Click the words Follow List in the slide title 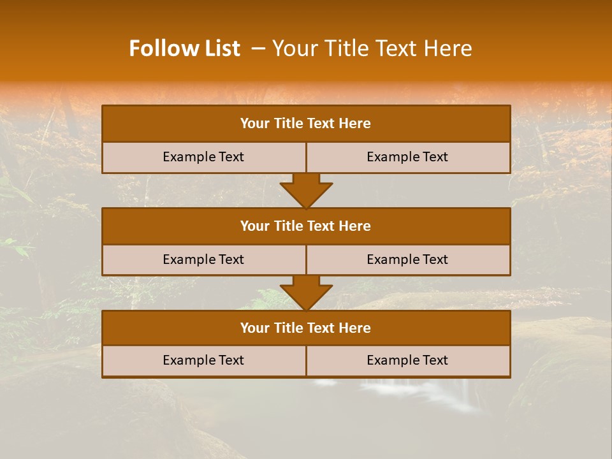(184, 49)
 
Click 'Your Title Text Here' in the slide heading (372, 49)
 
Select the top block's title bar (306, 124)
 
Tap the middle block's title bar (306, 226)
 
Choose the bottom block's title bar (306, 328)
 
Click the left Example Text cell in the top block (203, 157)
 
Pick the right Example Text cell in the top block (408, 157)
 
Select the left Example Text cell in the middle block (203, 260)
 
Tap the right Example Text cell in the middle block (408, 260)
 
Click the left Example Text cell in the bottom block (203, 361)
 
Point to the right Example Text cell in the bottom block (408, 361)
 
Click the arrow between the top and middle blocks (306, 191)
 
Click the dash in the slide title (258, 49)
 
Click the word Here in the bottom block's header (354, 328)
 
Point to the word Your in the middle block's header (255, 226)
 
